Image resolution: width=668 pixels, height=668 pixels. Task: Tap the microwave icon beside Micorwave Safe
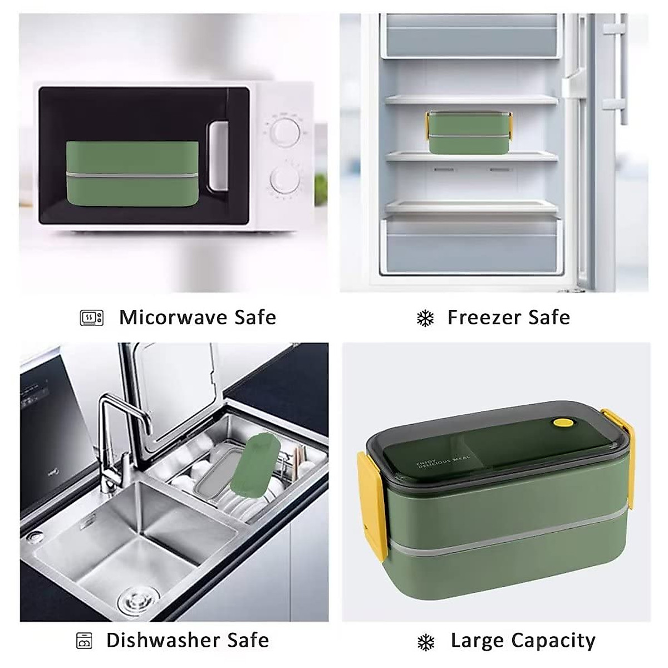92,318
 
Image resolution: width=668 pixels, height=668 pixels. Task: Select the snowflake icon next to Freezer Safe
425,318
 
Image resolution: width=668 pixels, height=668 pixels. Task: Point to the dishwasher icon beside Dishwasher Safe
84,641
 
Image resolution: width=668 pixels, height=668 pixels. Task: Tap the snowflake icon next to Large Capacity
425,642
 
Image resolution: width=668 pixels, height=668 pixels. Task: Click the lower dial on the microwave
286,179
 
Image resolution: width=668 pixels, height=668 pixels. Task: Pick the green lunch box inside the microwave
132,173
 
